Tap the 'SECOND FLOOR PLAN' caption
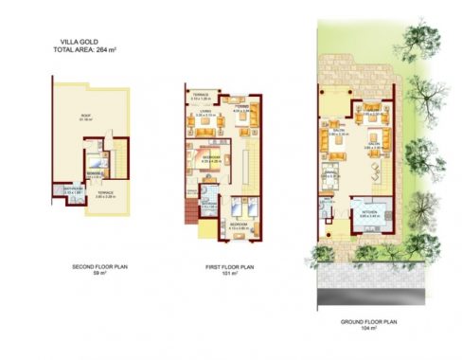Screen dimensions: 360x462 pyautogui.click(x=99, y=267)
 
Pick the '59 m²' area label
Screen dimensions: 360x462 pyautogui.click(x=99, y=275)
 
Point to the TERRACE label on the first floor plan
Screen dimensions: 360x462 pyautogui.click(x=201, y=96)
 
